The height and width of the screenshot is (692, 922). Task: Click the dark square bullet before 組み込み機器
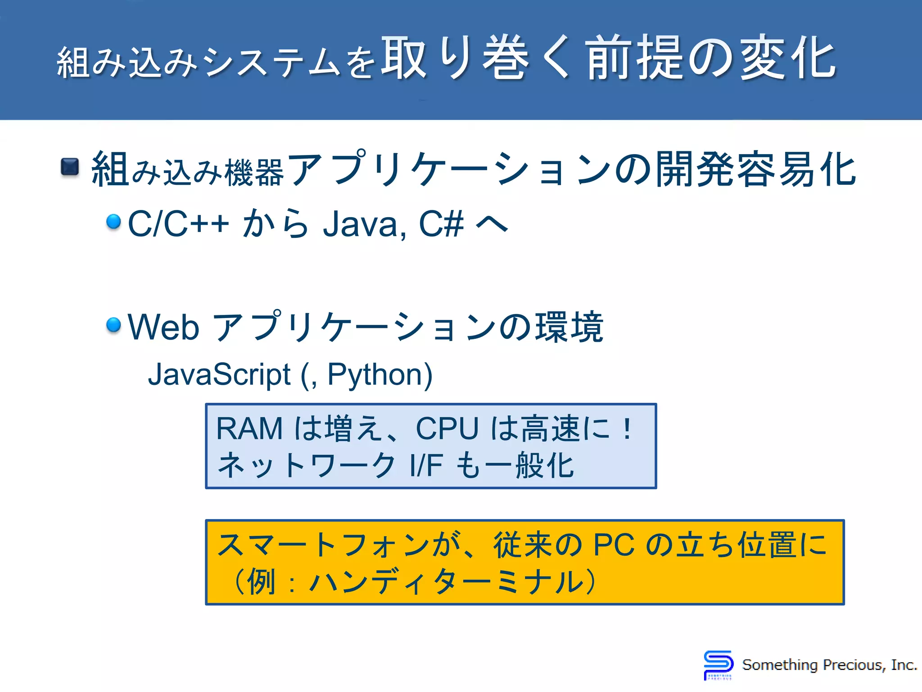pyautogui.click(x=70, y=167)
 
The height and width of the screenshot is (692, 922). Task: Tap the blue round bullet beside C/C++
pyautogui.click(x=113, y=222)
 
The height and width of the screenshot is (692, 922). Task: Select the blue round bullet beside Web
pyautogui.click(x=113, y=324)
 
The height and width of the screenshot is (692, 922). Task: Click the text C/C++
pyautogui.click(x=178, y=224)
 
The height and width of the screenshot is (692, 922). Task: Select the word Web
pyautogui.click(x=163, y=327)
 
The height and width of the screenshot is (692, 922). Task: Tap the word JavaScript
pyautogui.click(x=219, y=374)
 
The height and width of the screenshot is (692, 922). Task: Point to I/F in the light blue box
pyautogui.click(x=426, y=465)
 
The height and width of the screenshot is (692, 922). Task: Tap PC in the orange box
pyautogui.click(x=614, y=545)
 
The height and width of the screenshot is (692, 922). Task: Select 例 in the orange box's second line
pyautogui.click(x=261, y=582)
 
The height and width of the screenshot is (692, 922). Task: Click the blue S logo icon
pyautogui.click(x=718, y=665)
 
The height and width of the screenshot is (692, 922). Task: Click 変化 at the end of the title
pyautogui.click(x=788, y=59)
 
